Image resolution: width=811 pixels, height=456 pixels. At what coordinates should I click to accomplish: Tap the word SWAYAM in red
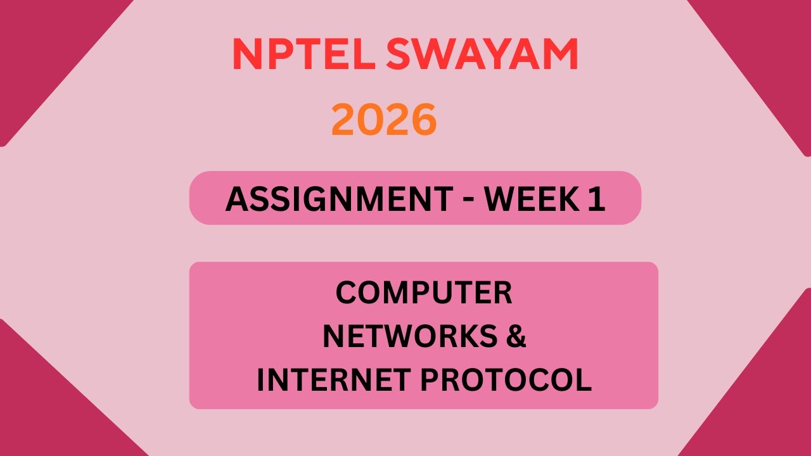pyautogui.click(x=482, y=54)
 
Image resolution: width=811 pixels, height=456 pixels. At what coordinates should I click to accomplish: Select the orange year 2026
pyautogui.click(x=384, y=120)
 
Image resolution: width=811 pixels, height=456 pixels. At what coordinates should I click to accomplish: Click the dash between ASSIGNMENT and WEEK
pyautogui.click(x=468, y=200)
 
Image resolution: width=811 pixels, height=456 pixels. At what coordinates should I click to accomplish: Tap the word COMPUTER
pyautogui.click(x=423, y=293)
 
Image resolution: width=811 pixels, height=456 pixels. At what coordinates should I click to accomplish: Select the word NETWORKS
pyautogui.click(x=409, y=336)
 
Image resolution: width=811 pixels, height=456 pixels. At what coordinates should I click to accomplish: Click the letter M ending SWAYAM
pyautogui.click(x=559, y=54)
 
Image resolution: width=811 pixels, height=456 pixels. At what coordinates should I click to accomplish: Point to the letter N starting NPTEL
pyautogui.click(x=245, y=54)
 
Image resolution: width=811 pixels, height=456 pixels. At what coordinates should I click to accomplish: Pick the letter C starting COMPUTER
pyautogui.click(x=346, y=293)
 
